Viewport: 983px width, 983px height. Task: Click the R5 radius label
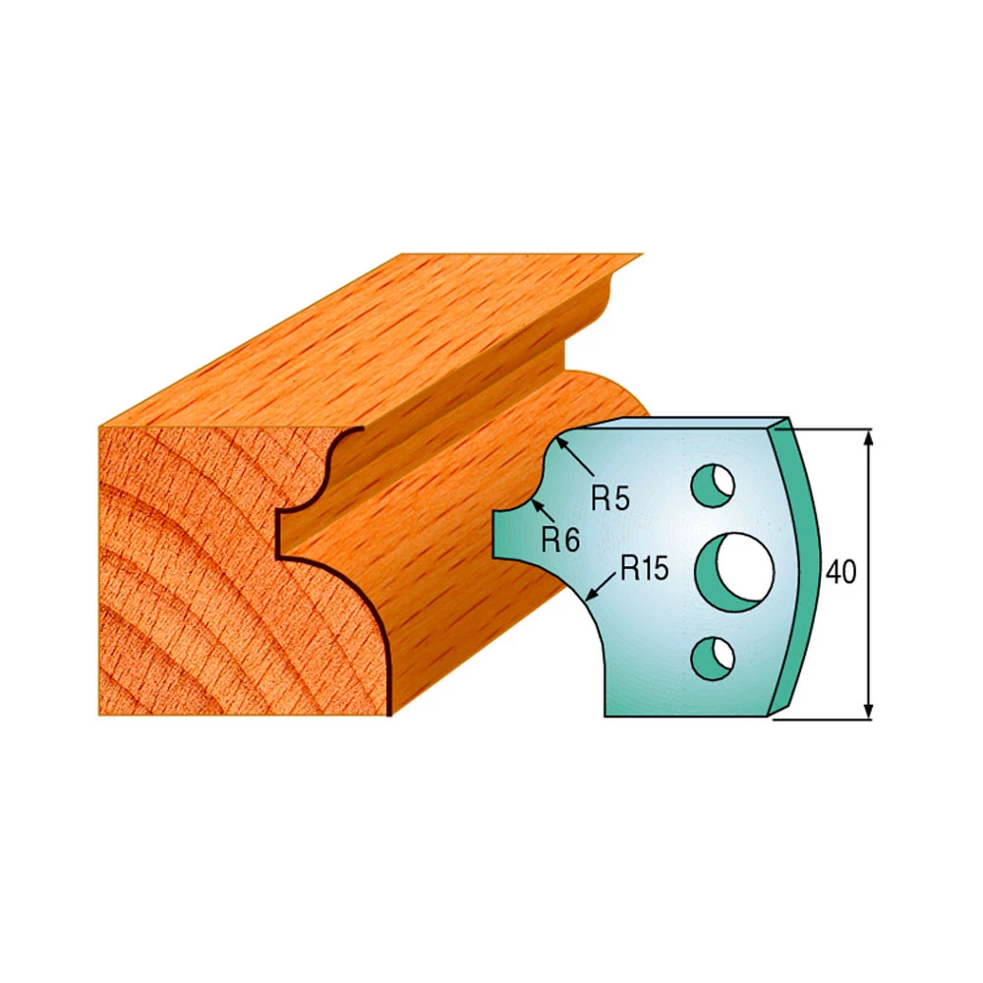click(x=609, y=499)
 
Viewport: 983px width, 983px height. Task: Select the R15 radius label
click(x=645, y=568)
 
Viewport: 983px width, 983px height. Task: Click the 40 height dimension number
click(x=840, y=572)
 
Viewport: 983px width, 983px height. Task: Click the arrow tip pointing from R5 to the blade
click(x=556, y=438)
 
